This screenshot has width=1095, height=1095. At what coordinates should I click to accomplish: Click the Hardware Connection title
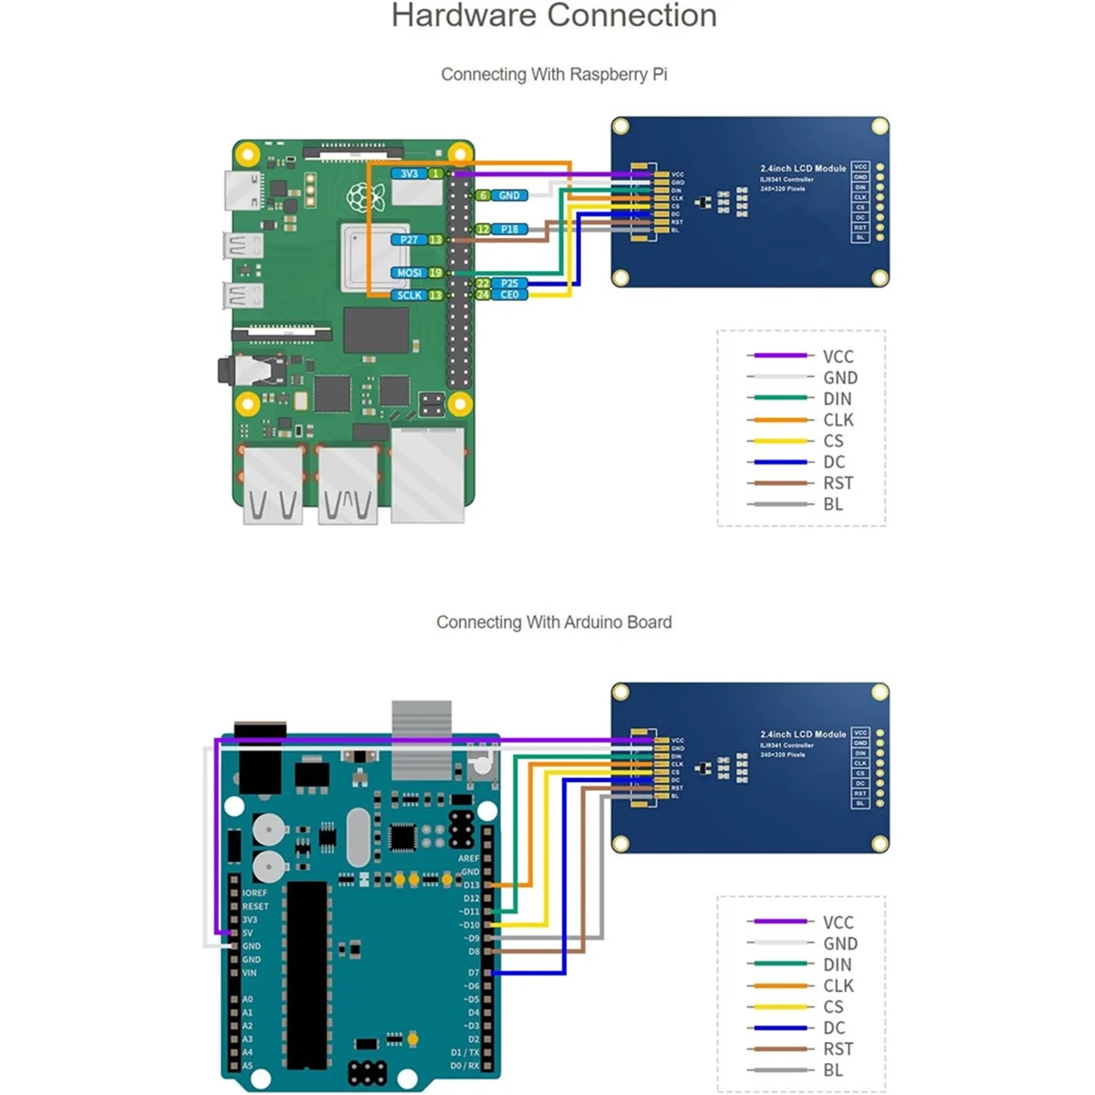[x=554, y=16]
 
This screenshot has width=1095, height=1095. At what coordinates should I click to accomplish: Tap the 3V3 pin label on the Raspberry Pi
[x=409, y=173]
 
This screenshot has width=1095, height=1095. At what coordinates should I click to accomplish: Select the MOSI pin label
[x=409, y=273]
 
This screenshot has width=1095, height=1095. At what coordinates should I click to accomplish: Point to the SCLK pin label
[x=409, y=295]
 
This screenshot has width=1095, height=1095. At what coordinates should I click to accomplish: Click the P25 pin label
[x=509, y=284]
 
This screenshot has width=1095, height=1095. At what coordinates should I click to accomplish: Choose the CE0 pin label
[x=509, y=295]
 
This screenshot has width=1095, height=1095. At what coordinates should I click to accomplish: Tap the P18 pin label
[x=509, y=229]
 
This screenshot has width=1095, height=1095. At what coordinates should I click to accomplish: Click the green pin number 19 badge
[x=435, y=273]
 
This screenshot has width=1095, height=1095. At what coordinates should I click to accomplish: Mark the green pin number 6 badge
[x=483, y=195]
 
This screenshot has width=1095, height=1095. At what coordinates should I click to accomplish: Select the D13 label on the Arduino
[x=471, y=885]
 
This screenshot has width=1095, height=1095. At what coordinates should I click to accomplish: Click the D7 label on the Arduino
[x=473, y=973]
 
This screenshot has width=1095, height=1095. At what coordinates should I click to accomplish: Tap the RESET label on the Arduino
[x=255, y=906]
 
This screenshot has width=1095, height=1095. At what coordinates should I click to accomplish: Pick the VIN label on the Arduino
[x=249, y=973]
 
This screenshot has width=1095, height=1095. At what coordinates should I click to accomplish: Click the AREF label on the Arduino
[x=468, y=859]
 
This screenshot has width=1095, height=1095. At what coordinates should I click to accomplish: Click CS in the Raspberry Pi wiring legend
[x=833, y=441]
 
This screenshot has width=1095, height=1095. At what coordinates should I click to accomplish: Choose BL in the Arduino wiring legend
[x=833, y=1069]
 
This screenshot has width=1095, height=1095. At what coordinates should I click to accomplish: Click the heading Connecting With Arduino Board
[x=554, y=622]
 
